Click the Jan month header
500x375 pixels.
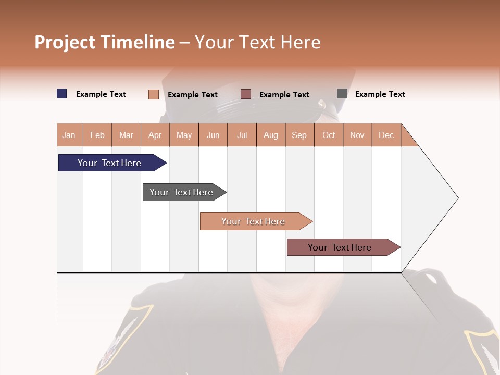click(x=69, y=135)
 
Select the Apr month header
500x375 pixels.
click(x=155, y=135)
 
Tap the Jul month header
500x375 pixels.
click(x=242, y=135)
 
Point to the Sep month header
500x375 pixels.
click(x=299, y=135)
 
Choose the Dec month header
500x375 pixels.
click(x=386, y=135)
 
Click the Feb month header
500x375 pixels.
click(x=97, y=135)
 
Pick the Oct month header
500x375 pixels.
click(x=329, y=135)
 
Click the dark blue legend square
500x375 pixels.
click(x=62, y=94)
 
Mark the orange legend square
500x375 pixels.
click(x=154, y=94)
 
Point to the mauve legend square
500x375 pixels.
click(x=246, y=94)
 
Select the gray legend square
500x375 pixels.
click(x=342, y=94)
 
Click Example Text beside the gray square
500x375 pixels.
click(x=380, y=94)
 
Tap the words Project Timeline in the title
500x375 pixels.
click(x=105, y=42)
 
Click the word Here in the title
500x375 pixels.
click(x=301, y=42)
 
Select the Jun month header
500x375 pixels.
click(x=213, y=135)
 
